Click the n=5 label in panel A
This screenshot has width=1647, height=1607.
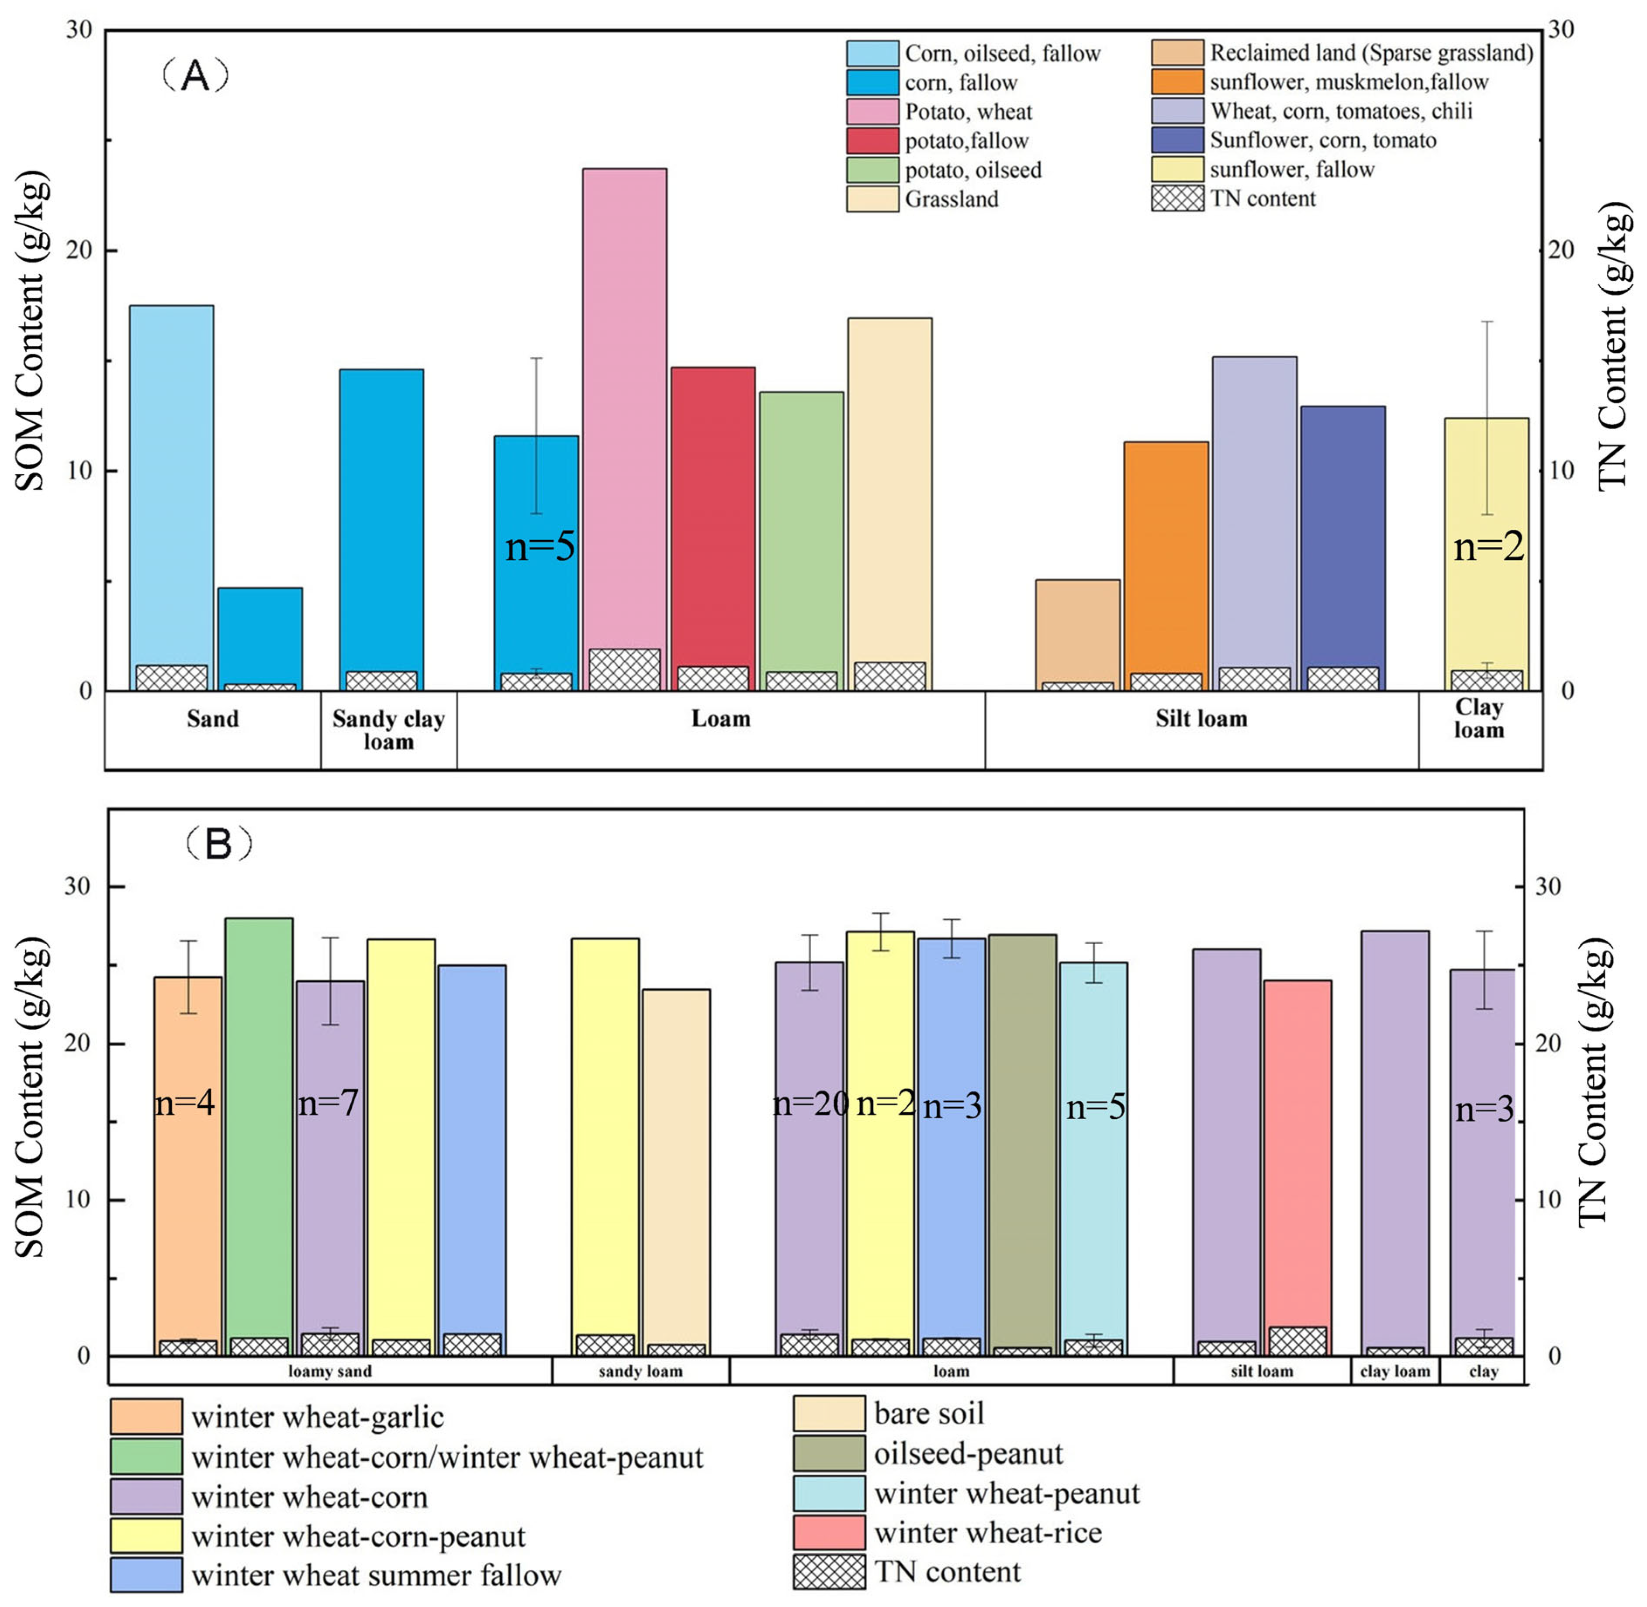(540, 547)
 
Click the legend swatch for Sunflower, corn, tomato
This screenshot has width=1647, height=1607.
(1178, 140)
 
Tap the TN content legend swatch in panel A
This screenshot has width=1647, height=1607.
(1178, 198)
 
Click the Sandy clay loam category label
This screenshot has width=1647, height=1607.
(388, 730)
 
